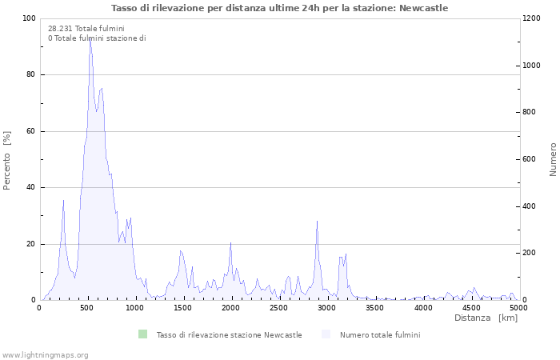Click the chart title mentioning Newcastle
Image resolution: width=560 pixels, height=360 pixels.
280,8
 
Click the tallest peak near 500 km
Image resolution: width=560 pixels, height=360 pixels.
90,40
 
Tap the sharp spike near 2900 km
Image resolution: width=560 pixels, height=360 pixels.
317,222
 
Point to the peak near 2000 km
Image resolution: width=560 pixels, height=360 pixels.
230,243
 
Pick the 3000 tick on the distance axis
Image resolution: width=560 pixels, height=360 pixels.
327,307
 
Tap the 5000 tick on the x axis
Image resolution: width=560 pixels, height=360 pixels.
518,307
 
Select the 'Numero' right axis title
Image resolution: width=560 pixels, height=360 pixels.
553,159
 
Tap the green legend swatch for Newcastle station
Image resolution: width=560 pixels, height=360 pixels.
143,334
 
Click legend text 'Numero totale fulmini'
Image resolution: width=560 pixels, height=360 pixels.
380,334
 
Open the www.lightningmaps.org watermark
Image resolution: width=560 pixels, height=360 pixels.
45,354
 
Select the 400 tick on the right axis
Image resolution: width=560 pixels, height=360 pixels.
530,206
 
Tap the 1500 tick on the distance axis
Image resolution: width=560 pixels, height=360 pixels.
183,307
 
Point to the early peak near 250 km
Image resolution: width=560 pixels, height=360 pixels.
63,201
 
